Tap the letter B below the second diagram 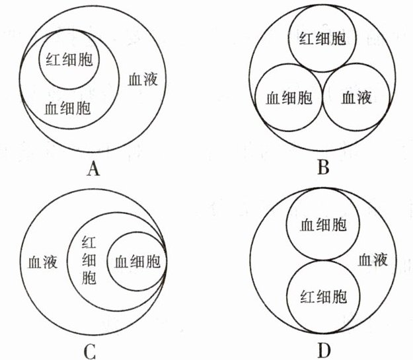pos(323,170)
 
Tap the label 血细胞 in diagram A pos(68,107)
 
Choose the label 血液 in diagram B pos(357,98)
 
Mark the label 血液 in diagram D pos(373,260)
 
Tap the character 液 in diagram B pos(365,98)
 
